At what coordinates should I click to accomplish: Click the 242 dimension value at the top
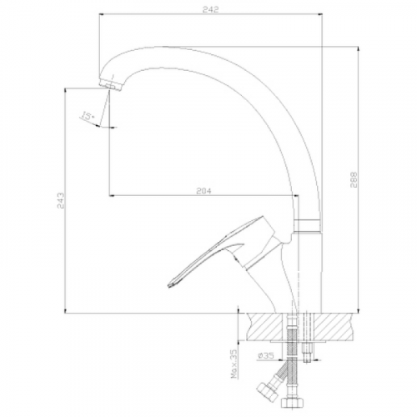pyautogui.click(x=211, y=9)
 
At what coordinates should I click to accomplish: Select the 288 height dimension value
pyautogui.click(x=354, y=179)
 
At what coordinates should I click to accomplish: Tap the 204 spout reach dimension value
pyautogui.click(x=203, y=191)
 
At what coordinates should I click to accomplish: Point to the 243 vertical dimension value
pyautogui.click(x=61, y=201)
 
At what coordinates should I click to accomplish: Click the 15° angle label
pyautogui.click(x=88, y=116)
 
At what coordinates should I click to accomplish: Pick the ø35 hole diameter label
pyautogui.click(x=266, y=355)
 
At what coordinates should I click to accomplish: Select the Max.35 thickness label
pyautogui.click(x=235, y=364)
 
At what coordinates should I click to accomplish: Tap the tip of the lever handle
pyautogui.click(x=170, y=285)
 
